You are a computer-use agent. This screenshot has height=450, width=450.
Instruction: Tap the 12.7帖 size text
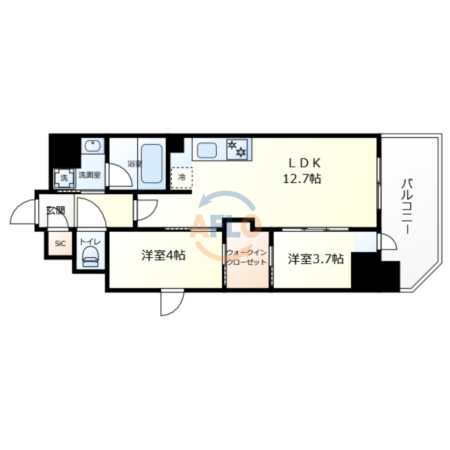(302, 179)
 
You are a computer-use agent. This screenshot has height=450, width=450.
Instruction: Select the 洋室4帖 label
(163, 255)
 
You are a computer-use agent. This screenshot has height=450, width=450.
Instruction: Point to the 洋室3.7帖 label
(316, 259)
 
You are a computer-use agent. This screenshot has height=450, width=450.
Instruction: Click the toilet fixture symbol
(91, 257)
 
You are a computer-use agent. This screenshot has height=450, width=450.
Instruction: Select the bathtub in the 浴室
(152, 164)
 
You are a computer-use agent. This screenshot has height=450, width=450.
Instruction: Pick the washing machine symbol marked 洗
(64, 178)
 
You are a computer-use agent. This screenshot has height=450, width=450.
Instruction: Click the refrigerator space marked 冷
(182, 178)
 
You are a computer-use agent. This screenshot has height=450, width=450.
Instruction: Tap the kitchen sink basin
(207, 150)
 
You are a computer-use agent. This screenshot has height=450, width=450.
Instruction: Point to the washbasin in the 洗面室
(93, 146)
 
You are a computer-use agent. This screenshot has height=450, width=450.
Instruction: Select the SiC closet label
(60, 244)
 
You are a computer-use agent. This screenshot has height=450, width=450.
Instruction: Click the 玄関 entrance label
(55, 211)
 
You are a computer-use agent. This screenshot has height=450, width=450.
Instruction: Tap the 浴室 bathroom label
(135, 164)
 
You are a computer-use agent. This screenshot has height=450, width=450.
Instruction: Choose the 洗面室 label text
(89, 175)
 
